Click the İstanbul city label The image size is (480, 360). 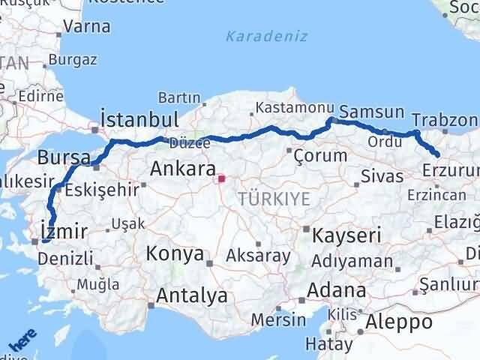139,120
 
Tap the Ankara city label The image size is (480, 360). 183,169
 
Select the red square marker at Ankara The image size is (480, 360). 221,179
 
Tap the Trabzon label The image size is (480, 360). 445,120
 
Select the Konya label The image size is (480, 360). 175,253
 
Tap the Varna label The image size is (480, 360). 87,26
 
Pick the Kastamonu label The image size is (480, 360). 283,108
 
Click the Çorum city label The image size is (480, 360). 320,156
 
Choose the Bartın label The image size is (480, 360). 179,97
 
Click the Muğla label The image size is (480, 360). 98,284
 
